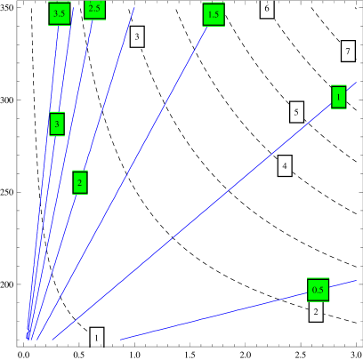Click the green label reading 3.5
(60, 13)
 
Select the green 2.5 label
(94, 9)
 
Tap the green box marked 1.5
(213, 14)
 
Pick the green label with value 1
(339, 97)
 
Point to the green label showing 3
(57, 124)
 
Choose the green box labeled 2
(80, 182)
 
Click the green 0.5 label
(318, 290)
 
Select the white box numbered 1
(97, 337)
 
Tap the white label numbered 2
(316, 312)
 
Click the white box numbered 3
(137, 36)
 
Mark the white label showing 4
(285, 165)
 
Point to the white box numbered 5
(297, 111)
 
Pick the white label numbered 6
(267, 9)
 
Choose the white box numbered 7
(348, 51)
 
